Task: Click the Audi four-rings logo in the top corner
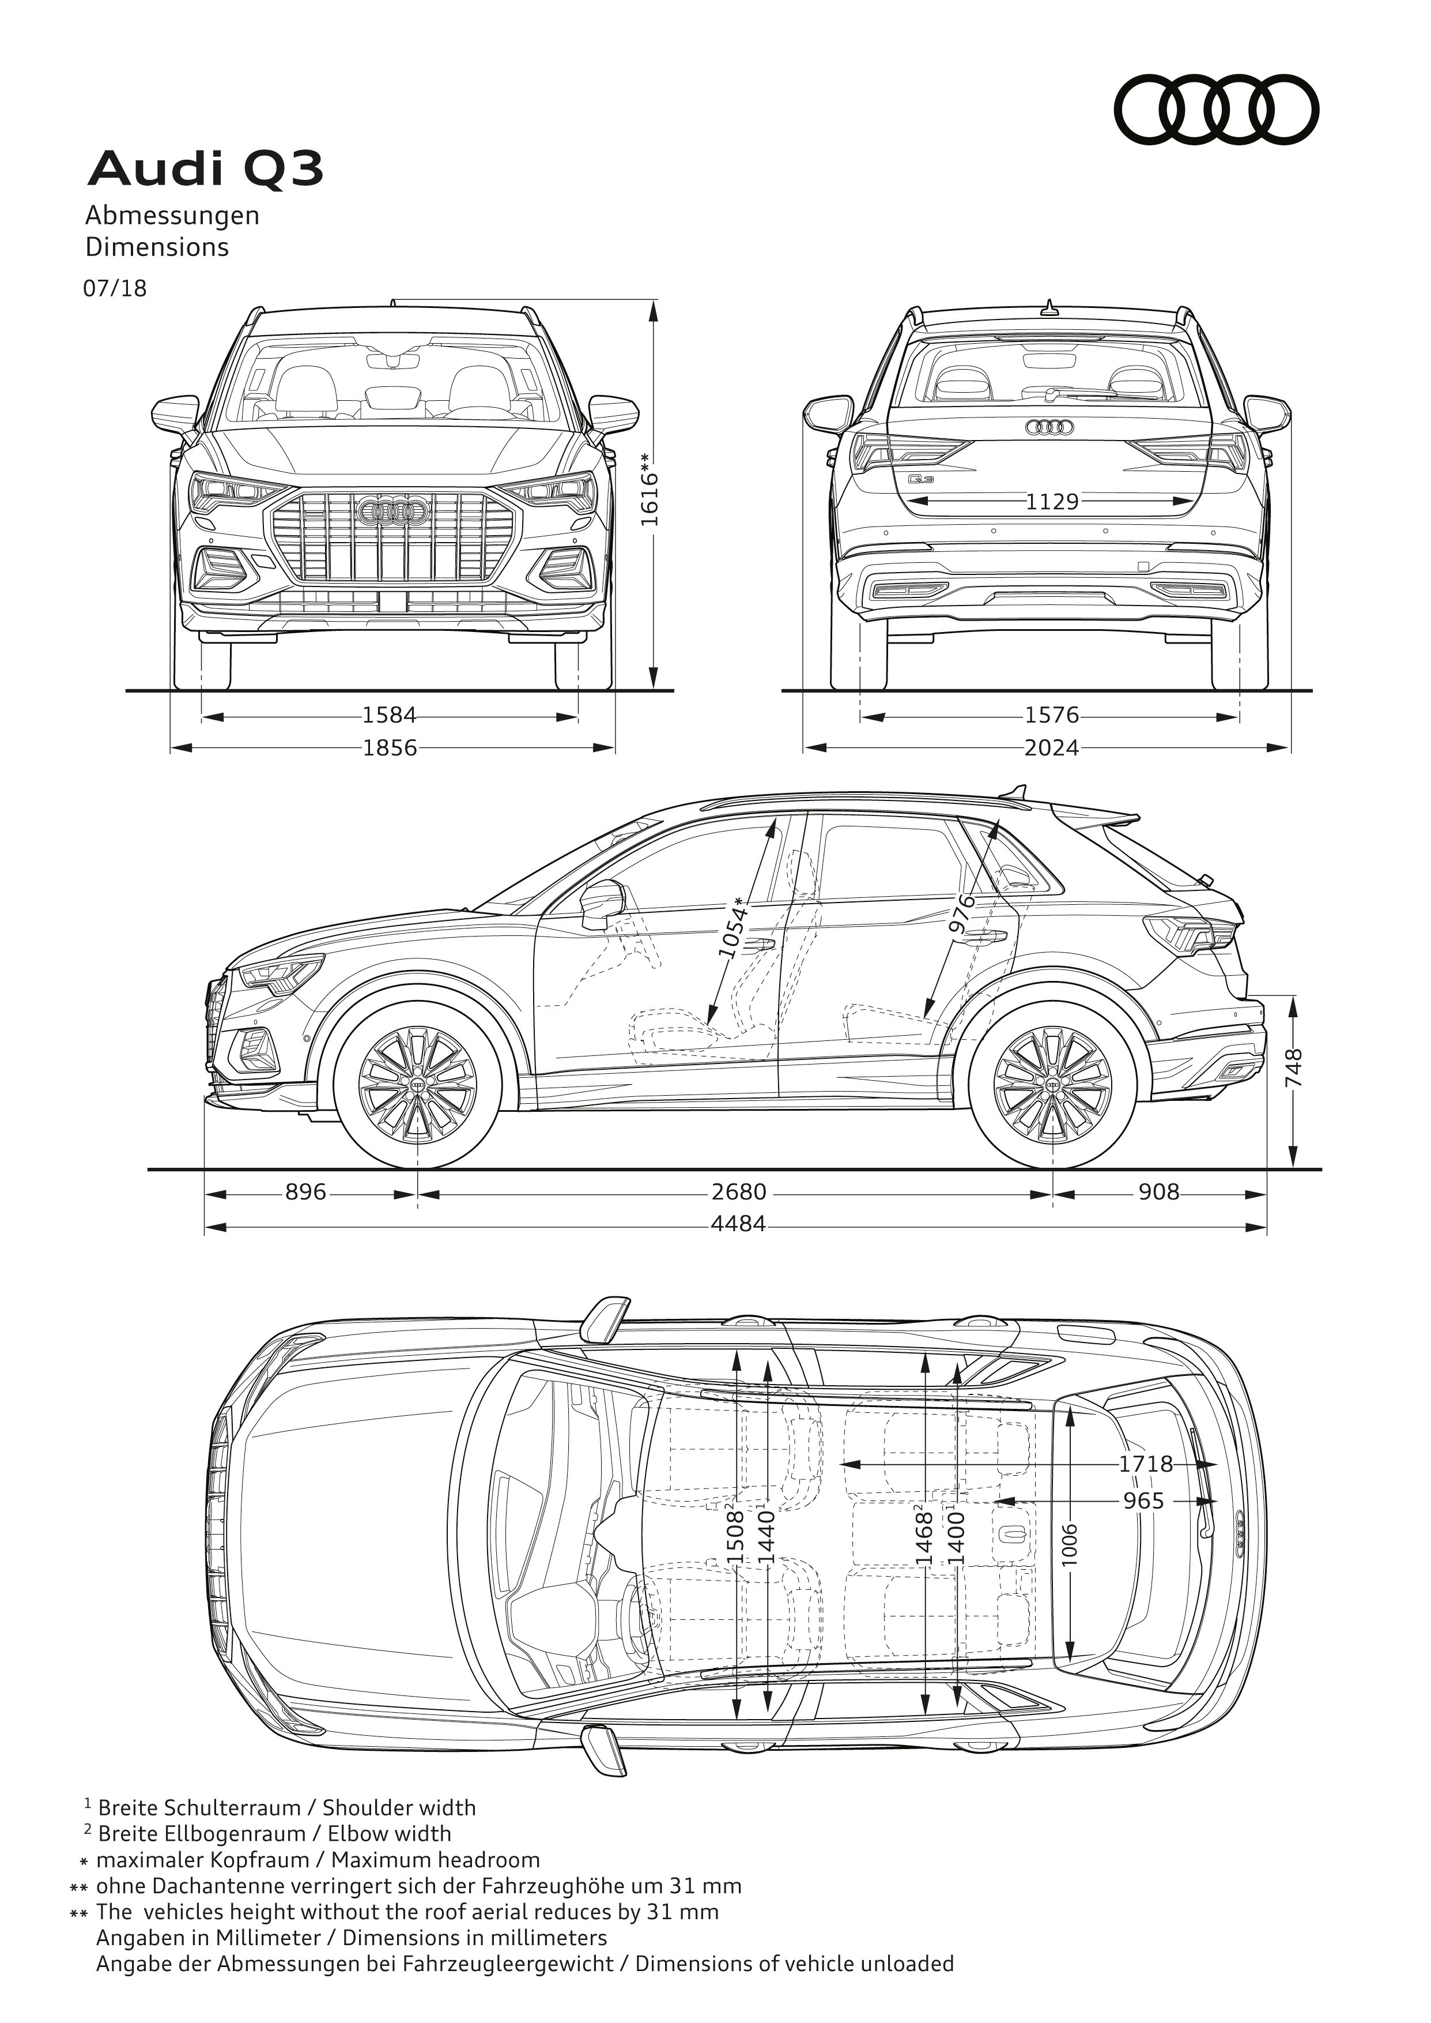(x=1216, y=110)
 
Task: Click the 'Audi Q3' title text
(x=205, y=169)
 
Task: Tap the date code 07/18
(x=115, y=288)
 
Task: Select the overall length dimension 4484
(x=738, y=1224)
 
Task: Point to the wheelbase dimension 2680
(x=738, y=1193)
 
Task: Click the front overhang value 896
(x=306, y=1193)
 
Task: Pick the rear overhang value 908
(x=1158, y=1193)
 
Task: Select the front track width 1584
(x=390, y=715)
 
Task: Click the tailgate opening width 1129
(x=1052, y=502)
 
